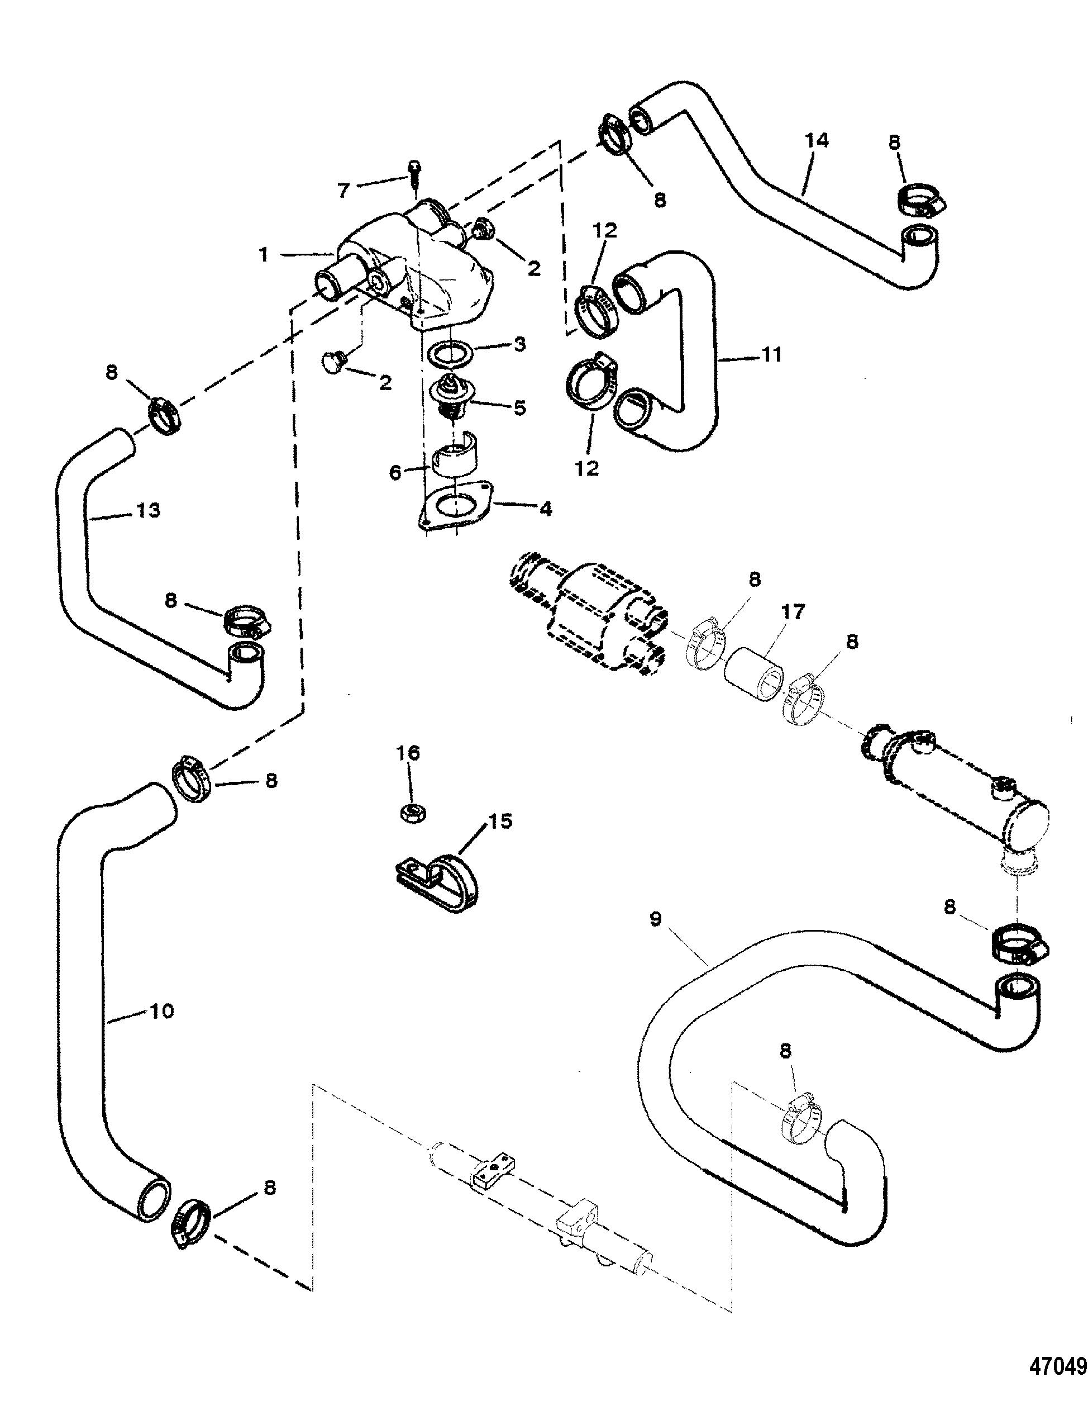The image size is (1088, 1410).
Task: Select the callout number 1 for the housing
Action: pyautogui.click(x=263, y=255)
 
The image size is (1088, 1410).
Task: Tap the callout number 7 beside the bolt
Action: pyautogui.click(x=344, y=190)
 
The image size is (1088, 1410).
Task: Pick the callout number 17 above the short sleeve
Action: pyautogui.click(x=793, y=611)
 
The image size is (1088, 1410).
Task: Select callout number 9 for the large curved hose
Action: pyautogui.click(x=656, y=919)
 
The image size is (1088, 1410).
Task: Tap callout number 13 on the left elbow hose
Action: pyautogui.click(x=149, y=510)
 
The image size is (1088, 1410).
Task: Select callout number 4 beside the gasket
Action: pyautogui.click(x=545, y=509)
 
